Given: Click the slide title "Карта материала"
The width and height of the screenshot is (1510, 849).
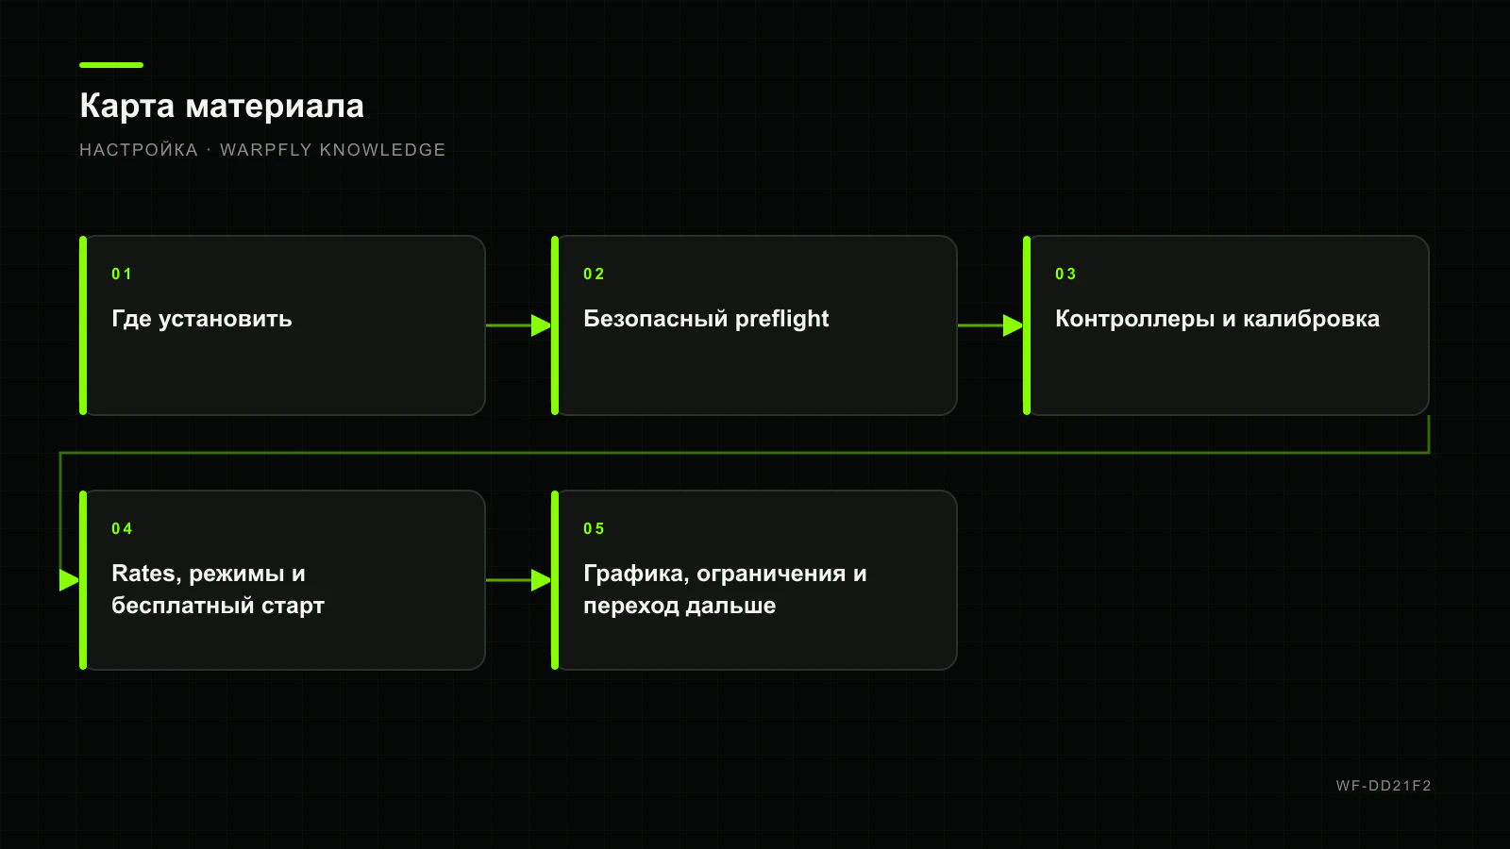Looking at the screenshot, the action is click(222, 107).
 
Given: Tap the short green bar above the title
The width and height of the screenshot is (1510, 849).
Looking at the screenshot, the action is click(111, 65).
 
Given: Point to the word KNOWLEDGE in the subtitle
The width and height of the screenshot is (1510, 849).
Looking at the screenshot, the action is click(382, 150).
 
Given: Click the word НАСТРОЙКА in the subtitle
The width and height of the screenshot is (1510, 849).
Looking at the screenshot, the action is click(139, 150).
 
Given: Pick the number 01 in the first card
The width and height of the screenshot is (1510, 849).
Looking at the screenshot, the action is click(122, 274).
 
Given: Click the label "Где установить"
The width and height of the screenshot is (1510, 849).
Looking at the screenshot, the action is click(202, 319).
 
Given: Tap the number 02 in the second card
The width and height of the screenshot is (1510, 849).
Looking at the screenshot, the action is click(594, 274).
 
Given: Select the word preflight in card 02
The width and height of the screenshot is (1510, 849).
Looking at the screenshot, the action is click(781, 319).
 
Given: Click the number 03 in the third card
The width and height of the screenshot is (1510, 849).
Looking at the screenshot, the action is click(1065, 274).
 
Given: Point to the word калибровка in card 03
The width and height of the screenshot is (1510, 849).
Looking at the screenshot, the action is click(1311, 319).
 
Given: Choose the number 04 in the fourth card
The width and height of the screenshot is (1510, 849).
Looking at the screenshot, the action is click(122, 528).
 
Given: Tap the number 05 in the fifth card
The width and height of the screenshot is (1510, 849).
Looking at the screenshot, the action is click(594, 528).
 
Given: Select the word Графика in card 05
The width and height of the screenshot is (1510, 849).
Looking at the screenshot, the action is click(636, 574).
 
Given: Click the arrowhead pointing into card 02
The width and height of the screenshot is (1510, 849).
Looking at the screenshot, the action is click(542, 325).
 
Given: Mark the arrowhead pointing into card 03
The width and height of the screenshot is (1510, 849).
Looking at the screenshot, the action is click(1014, 325).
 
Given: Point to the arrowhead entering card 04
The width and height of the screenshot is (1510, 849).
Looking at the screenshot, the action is click(70, 580).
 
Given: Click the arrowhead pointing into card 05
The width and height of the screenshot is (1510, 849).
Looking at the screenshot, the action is click(542, 580).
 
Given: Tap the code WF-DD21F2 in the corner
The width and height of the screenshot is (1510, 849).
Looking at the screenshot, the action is click(1384, 786).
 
